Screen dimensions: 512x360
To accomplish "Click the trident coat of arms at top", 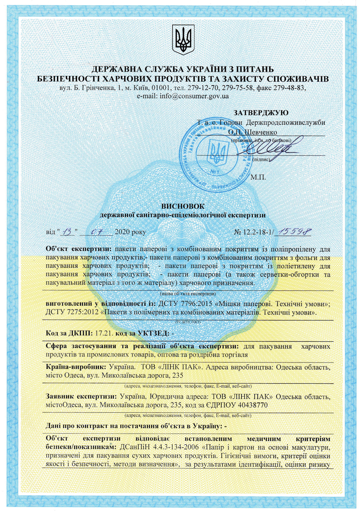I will (183, 39).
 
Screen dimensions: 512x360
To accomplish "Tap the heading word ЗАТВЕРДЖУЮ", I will (261, 113).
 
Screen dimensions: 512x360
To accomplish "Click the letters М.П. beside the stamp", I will (258, 177).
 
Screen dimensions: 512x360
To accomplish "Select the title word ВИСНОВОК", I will (183, 206).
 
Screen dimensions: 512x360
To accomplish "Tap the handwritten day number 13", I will (67, 232).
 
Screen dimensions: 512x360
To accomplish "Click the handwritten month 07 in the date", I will (97, 232).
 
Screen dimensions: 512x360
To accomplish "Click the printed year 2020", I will (122, 232).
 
